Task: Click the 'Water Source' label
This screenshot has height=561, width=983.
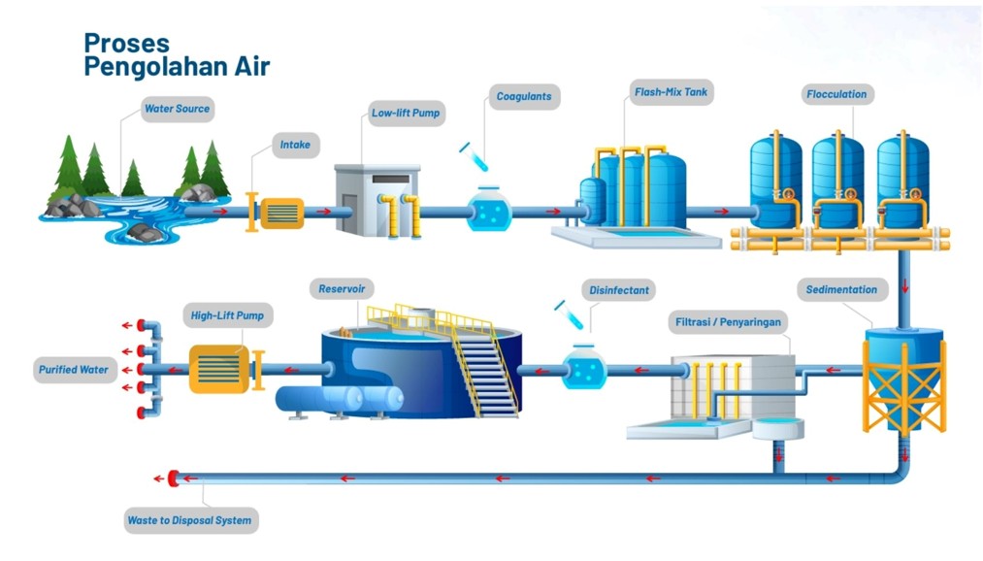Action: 178,109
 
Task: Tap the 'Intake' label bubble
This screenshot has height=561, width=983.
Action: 295,145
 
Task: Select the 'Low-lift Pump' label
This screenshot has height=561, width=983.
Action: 407,114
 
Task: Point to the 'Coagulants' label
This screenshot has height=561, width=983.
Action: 524,96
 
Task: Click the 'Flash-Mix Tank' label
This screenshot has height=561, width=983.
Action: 671,92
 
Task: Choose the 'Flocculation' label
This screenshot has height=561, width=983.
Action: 836,95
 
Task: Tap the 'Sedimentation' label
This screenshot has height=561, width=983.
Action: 842,289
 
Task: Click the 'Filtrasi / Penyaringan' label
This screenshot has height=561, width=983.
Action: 729,322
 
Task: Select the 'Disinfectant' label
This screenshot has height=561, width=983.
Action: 619,290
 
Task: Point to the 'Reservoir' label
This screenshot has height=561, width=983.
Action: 342,289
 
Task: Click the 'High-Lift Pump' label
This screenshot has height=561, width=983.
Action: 227,315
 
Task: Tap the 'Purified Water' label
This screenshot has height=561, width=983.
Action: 74,370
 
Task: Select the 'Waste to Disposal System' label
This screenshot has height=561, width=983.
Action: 190,520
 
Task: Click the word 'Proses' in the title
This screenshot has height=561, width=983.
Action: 127,44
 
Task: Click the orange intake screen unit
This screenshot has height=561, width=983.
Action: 282,214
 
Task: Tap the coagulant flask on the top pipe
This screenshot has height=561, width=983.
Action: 490,209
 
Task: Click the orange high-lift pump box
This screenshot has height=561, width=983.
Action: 219,369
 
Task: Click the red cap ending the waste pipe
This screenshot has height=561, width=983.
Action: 173,478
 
